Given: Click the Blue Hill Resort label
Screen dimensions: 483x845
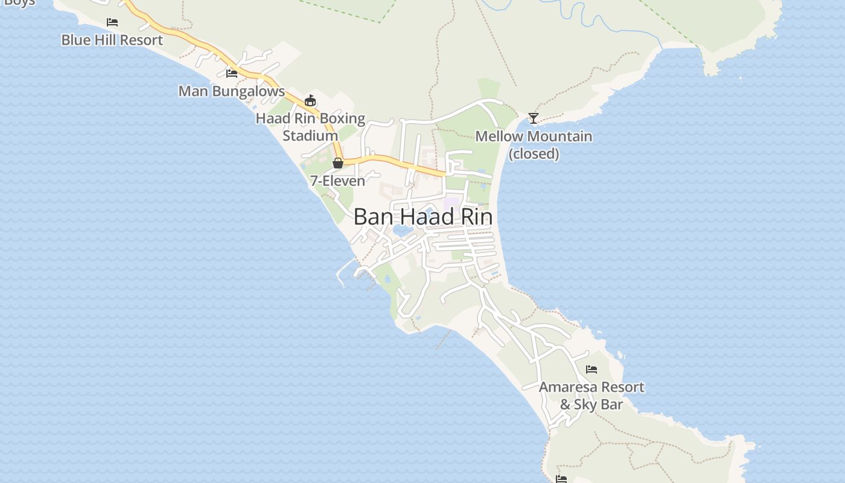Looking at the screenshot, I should coord(112,40).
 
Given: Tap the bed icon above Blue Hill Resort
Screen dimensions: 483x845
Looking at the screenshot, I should coord(112,22).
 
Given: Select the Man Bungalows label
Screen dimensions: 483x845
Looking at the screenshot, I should coord(231,92).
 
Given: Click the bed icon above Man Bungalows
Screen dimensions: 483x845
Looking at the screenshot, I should coord(231,74).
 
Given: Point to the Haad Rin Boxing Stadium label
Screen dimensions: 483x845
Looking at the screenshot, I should coord(310,127).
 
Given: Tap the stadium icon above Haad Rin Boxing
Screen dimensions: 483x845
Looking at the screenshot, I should coord(310,100).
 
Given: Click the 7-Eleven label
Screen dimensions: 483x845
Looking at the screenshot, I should coord(337,181).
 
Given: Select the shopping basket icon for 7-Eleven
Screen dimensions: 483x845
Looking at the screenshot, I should coord(338,163).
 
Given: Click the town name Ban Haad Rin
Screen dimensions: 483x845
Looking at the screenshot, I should coord(422,217).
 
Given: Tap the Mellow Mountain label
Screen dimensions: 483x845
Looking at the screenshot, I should coord(534,136).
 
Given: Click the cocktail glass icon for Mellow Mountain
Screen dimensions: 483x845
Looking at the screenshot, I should coord(534,118).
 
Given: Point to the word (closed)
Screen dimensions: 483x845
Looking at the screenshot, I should coord(534,154).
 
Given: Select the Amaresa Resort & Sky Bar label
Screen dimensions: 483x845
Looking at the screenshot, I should coord(591,395).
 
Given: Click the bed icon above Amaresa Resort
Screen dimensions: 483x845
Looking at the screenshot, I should coord(591,369).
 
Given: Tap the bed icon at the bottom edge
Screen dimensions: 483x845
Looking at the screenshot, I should coord(561,479).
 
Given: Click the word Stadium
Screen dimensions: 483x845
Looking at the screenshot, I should coord(310,136).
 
